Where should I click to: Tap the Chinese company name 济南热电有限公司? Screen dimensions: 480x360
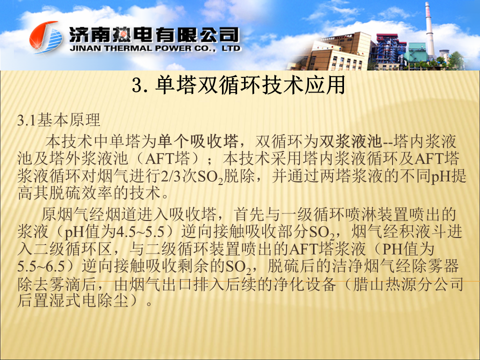pos(154,34)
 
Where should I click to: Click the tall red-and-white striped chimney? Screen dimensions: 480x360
pos(429,30)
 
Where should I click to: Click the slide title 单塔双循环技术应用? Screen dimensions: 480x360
pos(239,85)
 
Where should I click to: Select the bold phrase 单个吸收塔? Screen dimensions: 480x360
pos(198,141)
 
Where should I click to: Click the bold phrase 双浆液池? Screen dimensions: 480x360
pos(351,141)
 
